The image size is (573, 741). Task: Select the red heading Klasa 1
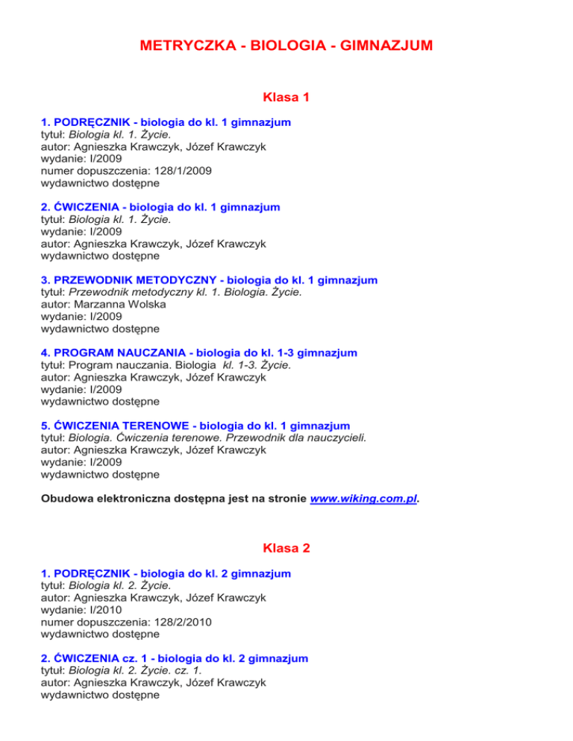286,97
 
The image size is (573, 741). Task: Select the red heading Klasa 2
286,549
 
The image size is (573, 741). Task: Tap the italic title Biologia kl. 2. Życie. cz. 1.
142,671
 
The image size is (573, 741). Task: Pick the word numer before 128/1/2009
57,171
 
